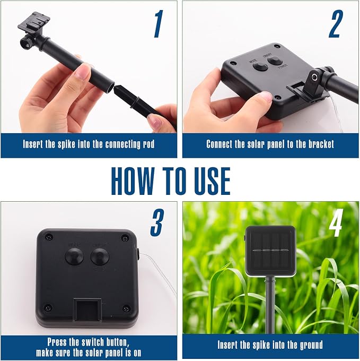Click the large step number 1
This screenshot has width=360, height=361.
point(159,24)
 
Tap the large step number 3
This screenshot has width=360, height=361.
point(157,222)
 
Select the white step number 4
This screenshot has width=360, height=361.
point(336,222)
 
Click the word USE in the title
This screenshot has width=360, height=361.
point(212,181)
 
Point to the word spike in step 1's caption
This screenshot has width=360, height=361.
point(66,144)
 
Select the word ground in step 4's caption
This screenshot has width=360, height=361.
point(311,345)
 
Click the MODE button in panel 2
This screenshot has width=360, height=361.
point(260,66)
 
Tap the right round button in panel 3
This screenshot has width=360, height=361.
point(99,256)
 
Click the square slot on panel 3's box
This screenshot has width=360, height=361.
point(87,310)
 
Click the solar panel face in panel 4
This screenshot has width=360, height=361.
point(270,251)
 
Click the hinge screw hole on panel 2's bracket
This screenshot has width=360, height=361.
point(315,78)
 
